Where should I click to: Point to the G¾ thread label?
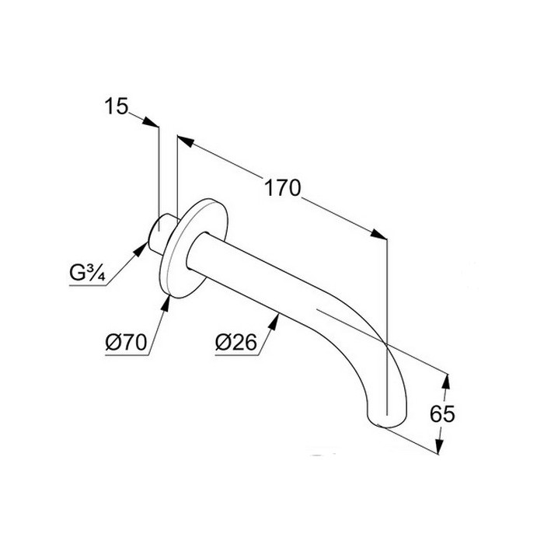click(x=86, y=274)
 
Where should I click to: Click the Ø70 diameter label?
click(x=124, y=343)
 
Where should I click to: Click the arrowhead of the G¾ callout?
click(x=144, y=247)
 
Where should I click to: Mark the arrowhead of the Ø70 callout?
click(x=167, y=298)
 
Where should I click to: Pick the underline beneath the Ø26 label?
click(x=234, y=354)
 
